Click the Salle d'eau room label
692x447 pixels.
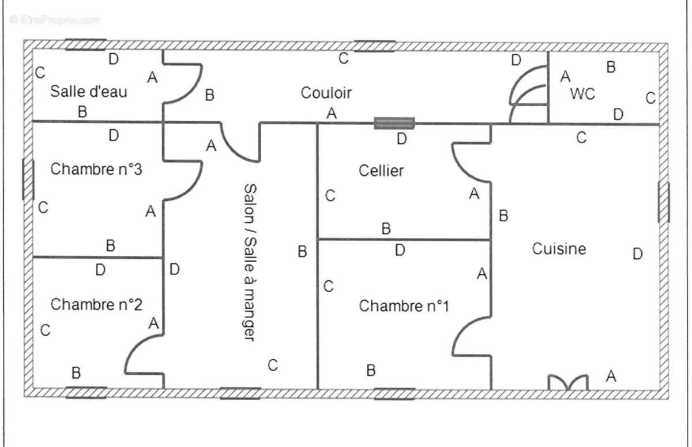pyautogui.click(x=89, y=91)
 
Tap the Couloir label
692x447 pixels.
pyautogui.click(x=326, y=92)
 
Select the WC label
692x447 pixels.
pyautogui.click(x=582, y=94)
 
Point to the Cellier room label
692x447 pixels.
pyautogui.click(x=381, y=170)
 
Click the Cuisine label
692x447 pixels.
pyautogui.click(x=559, y=249)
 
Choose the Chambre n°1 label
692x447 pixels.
pyautogui.click(x=404, y=306)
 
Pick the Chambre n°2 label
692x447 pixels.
pyautogui.click(x=96, y=304)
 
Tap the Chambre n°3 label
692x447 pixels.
pyautogui.click(x=96, y=169)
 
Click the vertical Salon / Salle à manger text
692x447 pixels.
pyautogui.click(x=249, y=262)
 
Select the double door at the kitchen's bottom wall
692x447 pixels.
pyautogui.click(x=568, y=383)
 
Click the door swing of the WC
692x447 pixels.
pyautogui.click(x=528, y=95)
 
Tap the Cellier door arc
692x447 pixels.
pyautogui.click(x=470, y=162)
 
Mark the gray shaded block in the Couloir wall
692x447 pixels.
pyautogui.click(x=394, y=123)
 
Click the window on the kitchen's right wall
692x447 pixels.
pyautogui.click(x=664, y=202)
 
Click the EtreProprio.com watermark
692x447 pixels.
pyautogui.click(x=55, y=20)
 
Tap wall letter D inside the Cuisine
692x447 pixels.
pyautogui.click(x=637, y=254)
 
